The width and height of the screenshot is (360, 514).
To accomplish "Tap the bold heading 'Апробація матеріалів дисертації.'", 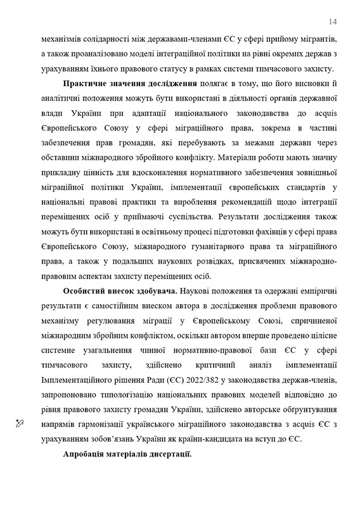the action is pyautogui.click(x=127, y=456).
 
